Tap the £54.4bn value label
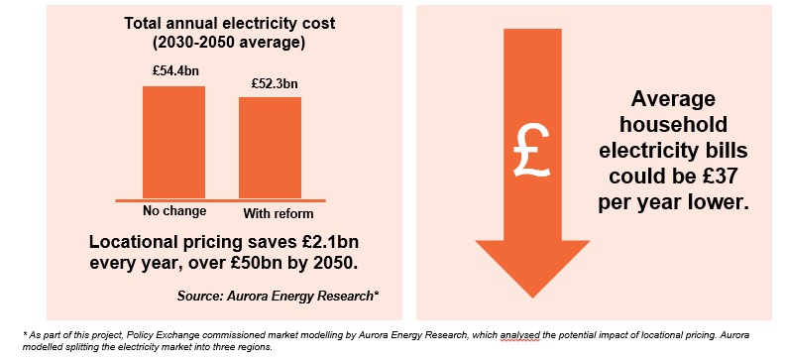coord(173,72)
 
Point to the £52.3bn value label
coord(270,83)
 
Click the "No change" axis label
coord(173,211)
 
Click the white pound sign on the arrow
coord(533,149)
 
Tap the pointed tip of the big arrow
coord(533,295)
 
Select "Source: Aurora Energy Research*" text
coord(279,297)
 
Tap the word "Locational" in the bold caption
coord(129,242)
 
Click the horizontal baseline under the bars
coord(221,199)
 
